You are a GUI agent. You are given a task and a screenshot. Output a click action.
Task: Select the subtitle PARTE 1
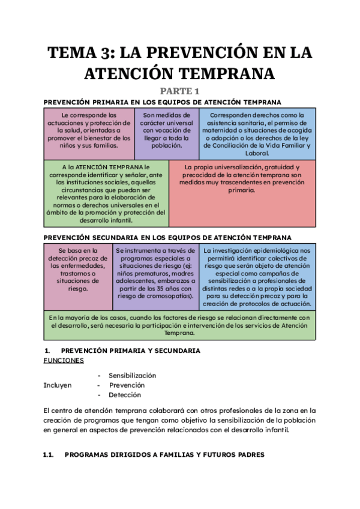[179, 91]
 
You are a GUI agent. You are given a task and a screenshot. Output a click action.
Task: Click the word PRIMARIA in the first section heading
[114, 103]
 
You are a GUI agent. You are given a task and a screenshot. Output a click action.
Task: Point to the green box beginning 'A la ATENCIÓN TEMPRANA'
[106, 192]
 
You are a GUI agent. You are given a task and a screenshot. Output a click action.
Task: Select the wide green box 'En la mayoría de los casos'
[179, 325]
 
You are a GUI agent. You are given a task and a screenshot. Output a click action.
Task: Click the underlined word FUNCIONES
[64, 361]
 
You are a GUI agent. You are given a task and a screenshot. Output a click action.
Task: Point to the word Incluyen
[58, 385]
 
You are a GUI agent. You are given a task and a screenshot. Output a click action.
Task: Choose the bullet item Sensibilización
[132, 375]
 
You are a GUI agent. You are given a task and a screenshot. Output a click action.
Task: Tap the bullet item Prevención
[127, 385]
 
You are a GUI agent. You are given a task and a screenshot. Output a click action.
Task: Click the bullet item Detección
[125, 395]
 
